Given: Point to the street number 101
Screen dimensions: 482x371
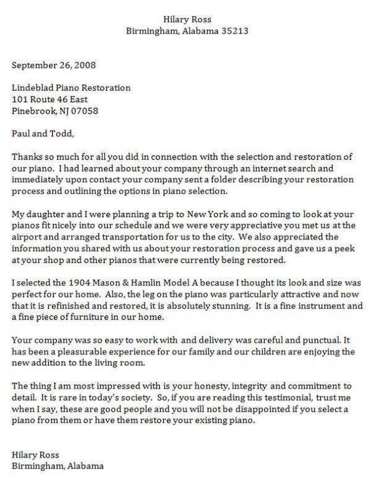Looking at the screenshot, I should coord(20,99).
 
